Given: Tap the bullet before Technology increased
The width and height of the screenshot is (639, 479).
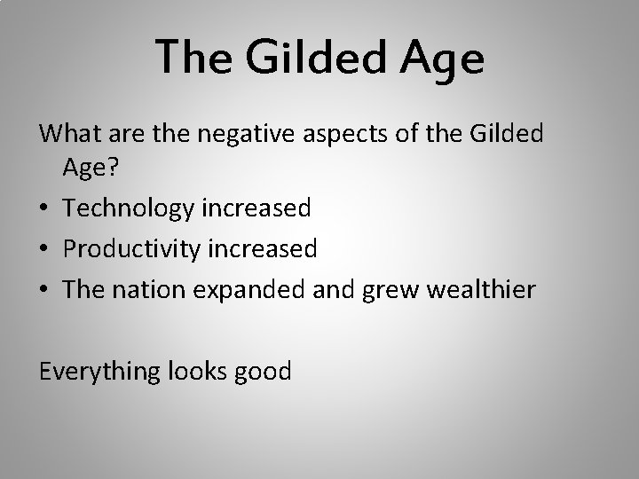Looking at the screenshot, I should point(44,209).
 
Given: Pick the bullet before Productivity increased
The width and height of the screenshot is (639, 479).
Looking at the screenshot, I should point(44,250).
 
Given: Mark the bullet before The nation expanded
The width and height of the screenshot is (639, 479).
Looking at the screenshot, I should point(44,290).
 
